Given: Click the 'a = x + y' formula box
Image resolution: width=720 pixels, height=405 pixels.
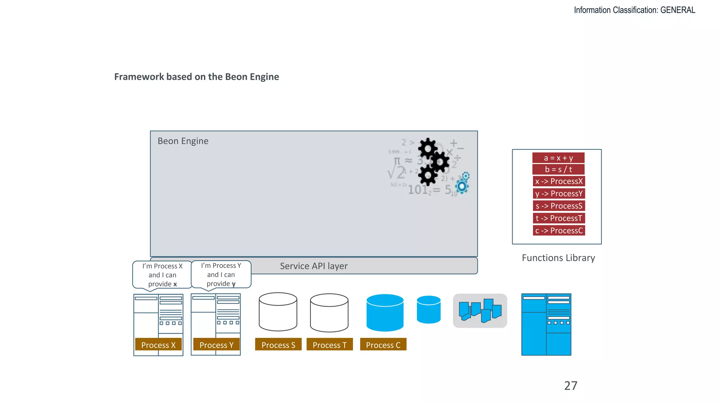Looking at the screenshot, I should (x=558, y=158).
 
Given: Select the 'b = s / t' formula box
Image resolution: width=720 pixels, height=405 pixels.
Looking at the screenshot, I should (x=558, y=169).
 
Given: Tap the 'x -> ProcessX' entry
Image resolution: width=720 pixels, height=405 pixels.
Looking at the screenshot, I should (x=559, y=181).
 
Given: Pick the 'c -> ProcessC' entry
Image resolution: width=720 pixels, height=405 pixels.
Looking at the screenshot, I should (x=559, y=231).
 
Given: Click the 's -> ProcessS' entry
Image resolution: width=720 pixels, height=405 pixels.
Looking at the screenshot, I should (x=559, y=206).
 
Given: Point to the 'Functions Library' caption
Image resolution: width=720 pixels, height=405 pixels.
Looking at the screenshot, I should (x=558, y=258).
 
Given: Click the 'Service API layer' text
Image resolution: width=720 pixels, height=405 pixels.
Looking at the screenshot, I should (x=314, y=266).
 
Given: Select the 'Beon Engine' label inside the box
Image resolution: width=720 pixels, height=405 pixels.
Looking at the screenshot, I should (x=183, y=141).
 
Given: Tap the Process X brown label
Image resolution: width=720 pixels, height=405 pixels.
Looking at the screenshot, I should (x=158, y=345).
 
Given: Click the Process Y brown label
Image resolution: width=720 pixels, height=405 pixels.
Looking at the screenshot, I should (x=217, y=345).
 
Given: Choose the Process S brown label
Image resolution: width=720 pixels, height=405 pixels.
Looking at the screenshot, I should (x=278, y=345).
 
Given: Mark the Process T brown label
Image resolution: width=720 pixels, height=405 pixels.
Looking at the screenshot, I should (x=329, y=345).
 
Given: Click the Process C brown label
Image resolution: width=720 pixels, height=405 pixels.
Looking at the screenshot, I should (x=383, y=345).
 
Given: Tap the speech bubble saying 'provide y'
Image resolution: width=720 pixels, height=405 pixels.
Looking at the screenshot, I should (x=221, y=275).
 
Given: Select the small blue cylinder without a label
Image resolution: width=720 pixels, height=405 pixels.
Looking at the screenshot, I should (x=429, y=310).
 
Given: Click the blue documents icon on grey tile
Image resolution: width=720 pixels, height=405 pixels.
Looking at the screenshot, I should (x=480, y=311).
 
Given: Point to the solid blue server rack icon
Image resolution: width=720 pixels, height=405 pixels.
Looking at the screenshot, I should (x=546, y=324).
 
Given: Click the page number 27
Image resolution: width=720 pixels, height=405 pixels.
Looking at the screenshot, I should (x=571, y=386).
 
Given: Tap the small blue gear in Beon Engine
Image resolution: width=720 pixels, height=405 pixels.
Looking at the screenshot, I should (x=462, y=186).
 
